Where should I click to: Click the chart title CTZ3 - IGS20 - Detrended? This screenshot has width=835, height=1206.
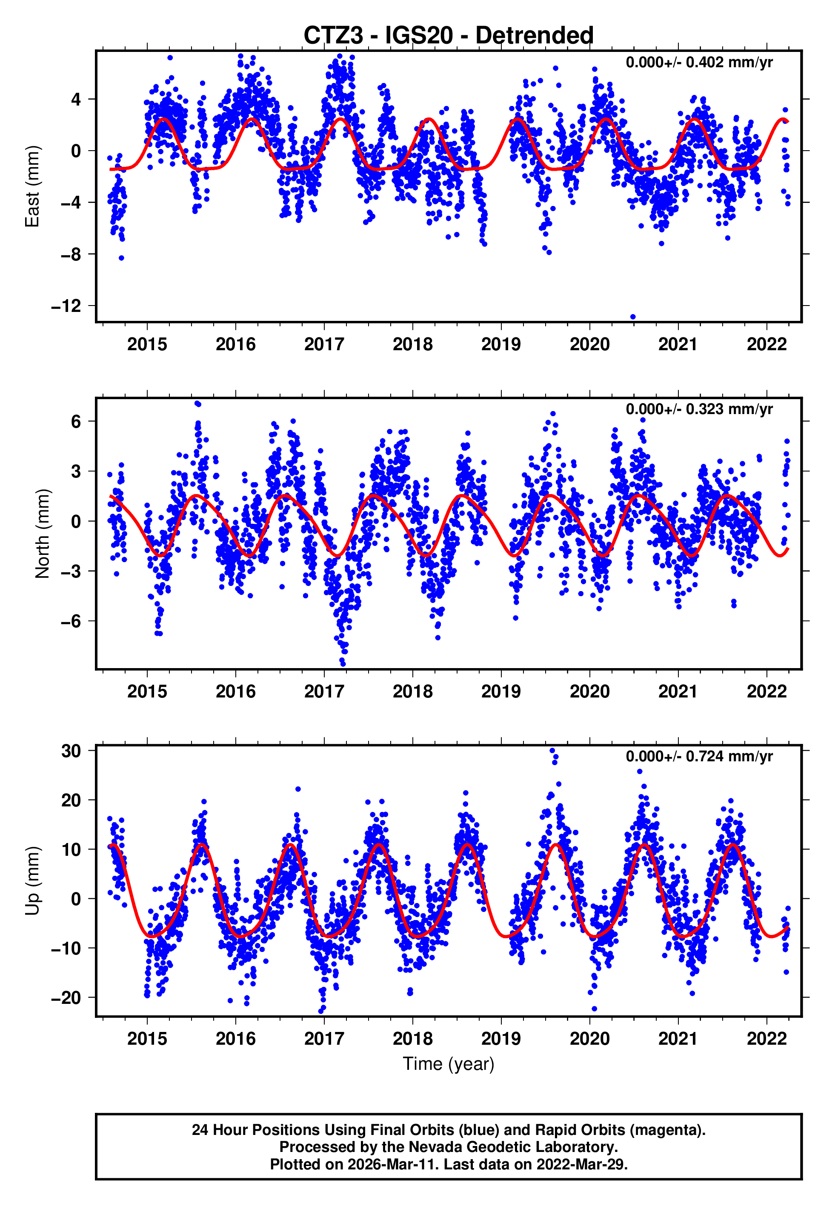(x=449, y=36)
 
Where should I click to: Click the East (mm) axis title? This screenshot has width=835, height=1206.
(x=32, y=186)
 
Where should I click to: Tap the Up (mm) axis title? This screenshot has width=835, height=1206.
(x=32, y=881)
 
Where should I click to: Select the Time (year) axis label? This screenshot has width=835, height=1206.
(x=449, y=1064)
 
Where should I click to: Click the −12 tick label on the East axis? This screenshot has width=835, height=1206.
(x=66, y=306)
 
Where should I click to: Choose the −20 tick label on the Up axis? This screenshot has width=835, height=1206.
(x=66, y=998)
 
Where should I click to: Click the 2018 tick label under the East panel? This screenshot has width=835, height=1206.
(x=413, y=345)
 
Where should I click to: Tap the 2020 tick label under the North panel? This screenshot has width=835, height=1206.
(x=589, y=692)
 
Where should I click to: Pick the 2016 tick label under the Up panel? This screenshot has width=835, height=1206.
(x=235, y=1039)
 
